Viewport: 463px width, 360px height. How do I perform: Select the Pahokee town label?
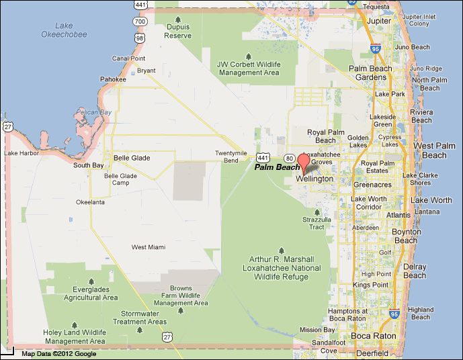tap(113, 79)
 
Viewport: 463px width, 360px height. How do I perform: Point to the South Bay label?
tap(89, 165)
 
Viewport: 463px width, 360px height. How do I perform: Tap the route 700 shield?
tap(140, 21)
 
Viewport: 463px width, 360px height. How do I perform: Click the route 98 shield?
tap(139, 38)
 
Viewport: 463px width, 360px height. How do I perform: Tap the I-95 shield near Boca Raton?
tap(394, 314)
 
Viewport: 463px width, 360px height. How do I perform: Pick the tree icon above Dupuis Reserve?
tap(177, 19)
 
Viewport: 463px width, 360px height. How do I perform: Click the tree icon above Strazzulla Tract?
tap(317, 212)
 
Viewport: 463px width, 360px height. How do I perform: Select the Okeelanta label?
tap(91, 201)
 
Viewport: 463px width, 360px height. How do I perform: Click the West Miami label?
tap(149, 247)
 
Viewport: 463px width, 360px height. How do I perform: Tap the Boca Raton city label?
tap(371, 336)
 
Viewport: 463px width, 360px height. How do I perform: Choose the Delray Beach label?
tap(415, 271)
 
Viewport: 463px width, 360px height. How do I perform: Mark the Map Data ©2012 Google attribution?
tap(58, 354)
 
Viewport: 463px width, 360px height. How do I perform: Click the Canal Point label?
tap(129, 58)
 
